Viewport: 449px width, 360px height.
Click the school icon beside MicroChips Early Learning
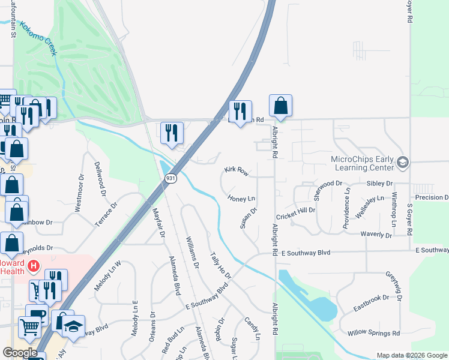(x=403, y=162)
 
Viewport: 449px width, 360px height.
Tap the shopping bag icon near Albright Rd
(x=280, y=106)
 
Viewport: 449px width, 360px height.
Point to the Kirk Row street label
(x=237, y=172)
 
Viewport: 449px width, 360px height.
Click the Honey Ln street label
(x=242, y=198)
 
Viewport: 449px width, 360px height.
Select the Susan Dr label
(x=249, y=218)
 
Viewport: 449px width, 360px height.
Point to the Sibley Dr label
(x=380, y=183)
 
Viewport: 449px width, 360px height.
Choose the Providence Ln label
(x=347, y=208)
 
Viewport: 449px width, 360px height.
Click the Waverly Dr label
(x=376, y=235)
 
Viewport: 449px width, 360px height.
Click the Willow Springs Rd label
(x=374, y=333)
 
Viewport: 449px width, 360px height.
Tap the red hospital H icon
(x=34, y=265)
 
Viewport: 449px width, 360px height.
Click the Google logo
(x=20, y=353)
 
